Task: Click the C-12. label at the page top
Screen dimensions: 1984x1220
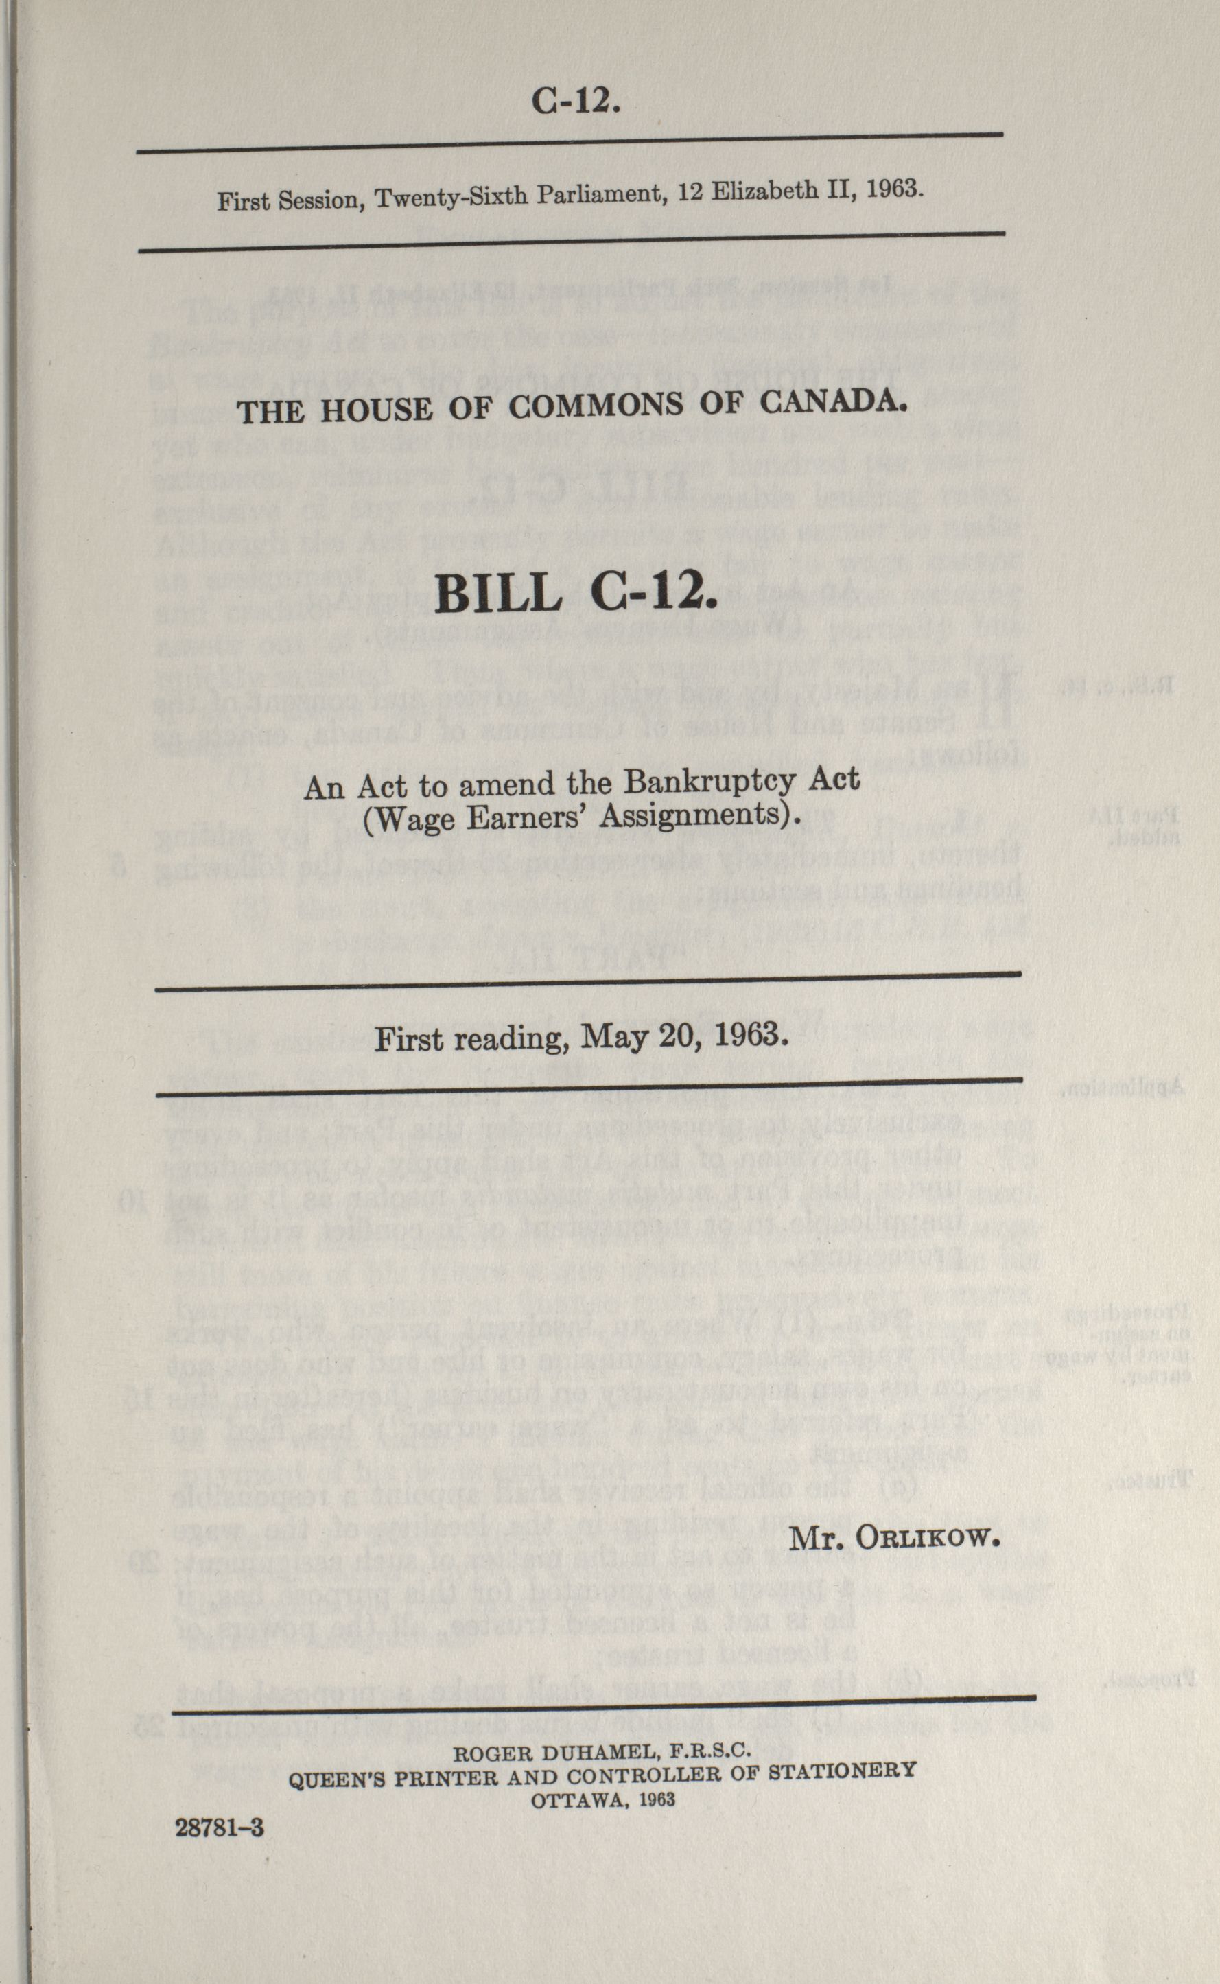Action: pyautogui.click(x=575, y=102)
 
